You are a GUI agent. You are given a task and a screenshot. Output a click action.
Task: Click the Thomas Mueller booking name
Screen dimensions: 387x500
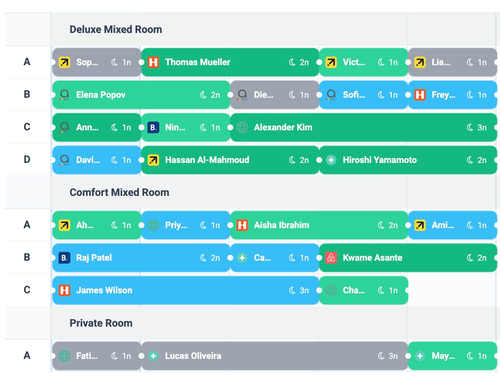click(x=197, y=62)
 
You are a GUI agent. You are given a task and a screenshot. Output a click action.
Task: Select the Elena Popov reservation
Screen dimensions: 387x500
click(x=101, y=95)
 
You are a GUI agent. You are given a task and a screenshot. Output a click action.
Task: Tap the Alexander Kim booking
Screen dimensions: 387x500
click(x=283, y=127)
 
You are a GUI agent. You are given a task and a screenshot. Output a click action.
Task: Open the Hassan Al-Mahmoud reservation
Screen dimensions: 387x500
click(x=207, y=160)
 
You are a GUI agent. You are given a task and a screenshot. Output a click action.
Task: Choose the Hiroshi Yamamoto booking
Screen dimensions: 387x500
click(x=380, y=160)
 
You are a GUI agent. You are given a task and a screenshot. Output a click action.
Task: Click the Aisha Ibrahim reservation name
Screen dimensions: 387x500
click(x=281, y=225)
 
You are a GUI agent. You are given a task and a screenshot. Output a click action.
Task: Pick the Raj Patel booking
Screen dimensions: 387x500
click(x=94, y=258)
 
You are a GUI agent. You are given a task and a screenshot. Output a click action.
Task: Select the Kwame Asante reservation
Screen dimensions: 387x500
click(x=372, y=258)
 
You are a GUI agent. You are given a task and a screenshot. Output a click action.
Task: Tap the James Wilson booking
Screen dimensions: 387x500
click(x=104, y=290)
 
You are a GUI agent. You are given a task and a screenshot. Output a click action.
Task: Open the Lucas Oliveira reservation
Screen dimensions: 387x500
click(x=193, y=356)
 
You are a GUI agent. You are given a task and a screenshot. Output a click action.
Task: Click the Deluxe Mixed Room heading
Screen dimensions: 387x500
click(x=116, y=30)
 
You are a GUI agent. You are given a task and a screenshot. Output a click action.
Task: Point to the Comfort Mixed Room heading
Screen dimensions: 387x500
click(x=119, y=193)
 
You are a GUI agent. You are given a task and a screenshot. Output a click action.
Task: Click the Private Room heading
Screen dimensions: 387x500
click(x=101, y=323)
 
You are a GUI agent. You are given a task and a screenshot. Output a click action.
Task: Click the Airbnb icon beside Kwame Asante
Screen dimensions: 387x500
click(x=331, y=258)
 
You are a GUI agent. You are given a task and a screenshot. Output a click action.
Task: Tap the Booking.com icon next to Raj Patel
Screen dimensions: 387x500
click(x=64, y=258)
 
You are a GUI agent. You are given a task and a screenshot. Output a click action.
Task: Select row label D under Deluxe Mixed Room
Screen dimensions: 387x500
click(x=27, y=160)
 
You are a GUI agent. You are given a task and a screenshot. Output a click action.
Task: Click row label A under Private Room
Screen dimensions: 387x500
click(x=27, y=356)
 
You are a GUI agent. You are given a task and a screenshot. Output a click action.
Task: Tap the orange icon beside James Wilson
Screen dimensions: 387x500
click(x=64, y=290)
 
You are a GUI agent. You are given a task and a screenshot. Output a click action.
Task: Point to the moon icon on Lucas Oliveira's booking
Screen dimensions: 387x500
click(x=381, y=356)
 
